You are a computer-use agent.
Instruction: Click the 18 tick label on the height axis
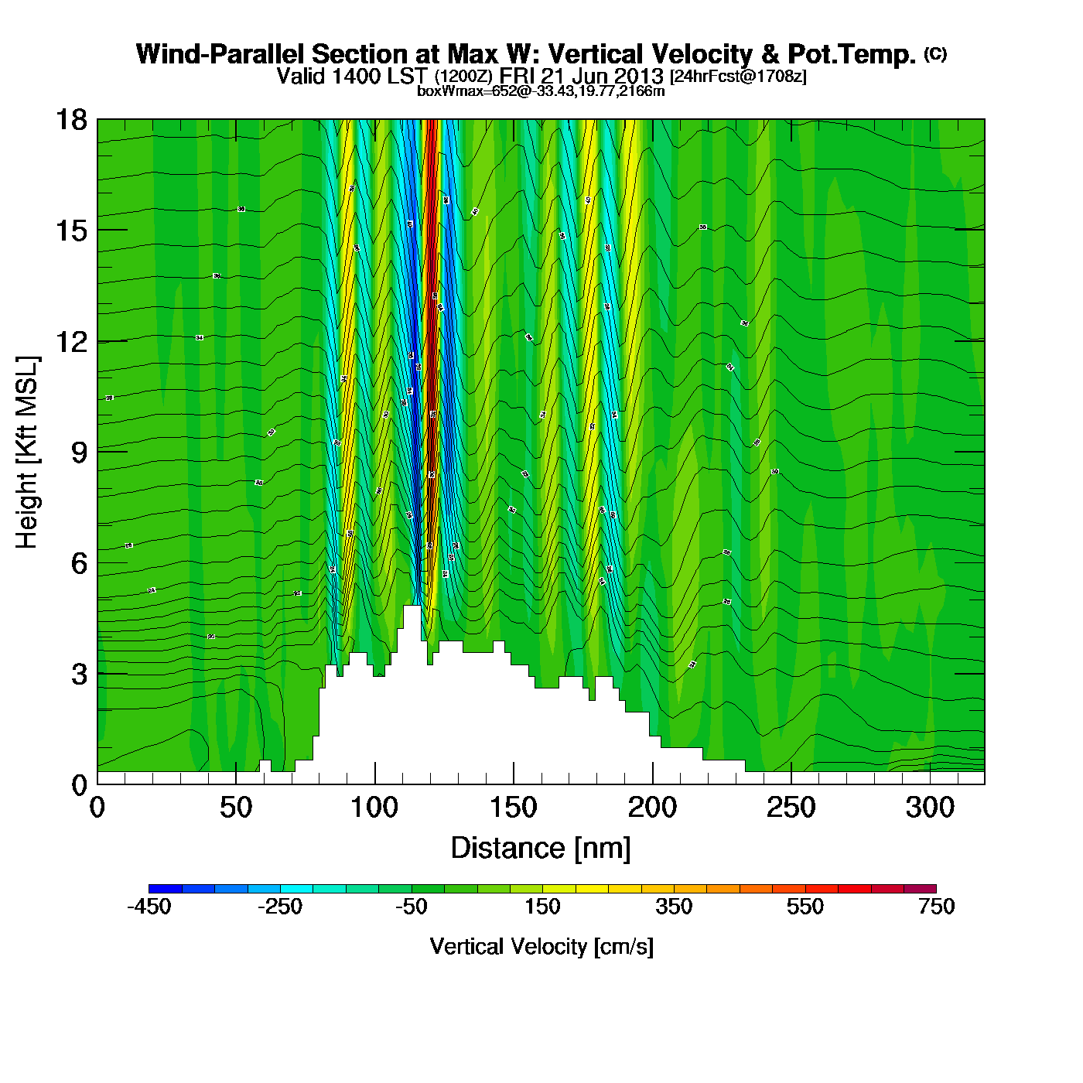70,120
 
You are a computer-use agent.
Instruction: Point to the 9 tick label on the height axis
79,453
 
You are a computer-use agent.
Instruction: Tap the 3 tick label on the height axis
79,675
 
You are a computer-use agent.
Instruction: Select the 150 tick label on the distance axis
513,808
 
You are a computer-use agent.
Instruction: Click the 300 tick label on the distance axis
930,808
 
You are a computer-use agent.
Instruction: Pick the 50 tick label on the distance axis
235,808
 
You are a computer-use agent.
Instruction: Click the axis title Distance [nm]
541,849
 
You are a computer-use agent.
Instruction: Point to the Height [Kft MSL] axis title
27,453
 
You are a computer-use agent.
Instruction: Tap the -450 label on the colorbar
149,907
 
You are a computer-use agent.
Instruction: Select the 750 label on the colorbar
936,907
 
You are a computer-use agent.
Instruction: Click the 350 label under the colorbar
674,907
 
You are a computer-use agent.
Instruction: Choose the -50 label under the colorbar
411,907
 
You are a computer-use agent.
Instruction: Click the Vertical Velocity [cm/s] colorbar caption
541,947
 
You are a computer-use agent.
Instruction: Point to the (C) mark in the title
935,53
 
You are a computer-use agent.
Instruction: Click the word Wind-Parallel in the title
220,54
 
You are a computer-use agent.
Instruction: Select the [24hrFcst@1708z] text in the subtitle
738,76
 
